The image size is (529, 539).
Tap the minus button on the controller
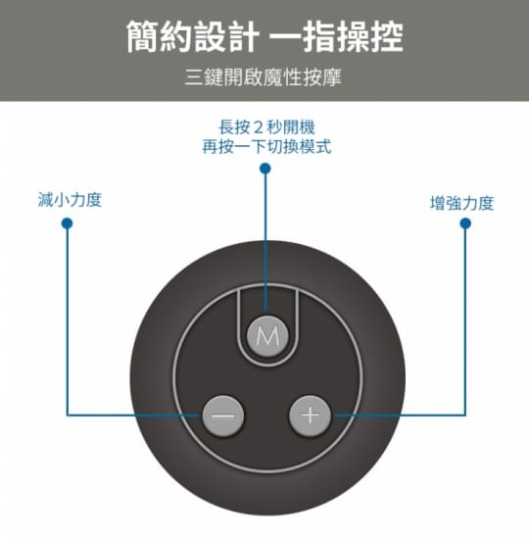(223, 416)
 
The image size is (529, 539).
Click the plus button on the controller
(310, 416)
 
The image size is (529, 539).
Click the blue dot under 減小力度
(67, 223)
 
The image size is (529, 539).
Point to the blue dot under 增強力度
(465, 223)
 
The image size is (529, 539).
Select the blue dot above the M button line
(265, 169)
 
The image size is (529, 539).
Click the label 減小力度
(71, 200)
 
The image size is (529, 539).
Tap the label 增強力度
(462, 203)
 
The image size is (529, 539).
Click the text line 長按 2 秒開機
(266, 127)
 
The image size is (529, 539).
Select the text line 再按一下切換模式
(266, 147)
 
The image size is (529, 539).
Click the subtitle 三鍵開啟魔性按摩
(264, 77)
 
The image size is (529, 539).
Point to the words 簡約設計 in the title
(192, 36)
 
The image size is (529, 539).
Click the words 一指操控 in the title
(336, 36)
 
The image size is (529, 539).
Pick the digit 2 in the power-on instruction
(258, 127)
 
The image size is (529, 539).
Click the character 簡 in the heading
(142, 36)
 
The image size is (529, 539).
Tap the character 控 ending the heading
(386, 36)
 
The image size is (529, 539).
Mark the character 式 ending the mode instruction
(324, 147)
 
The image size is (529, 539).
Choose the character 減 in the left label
(46, 200)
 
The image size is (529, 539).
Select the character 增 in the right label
(438, 203)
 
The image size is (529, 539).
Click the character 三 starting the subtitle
(194, 77)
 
